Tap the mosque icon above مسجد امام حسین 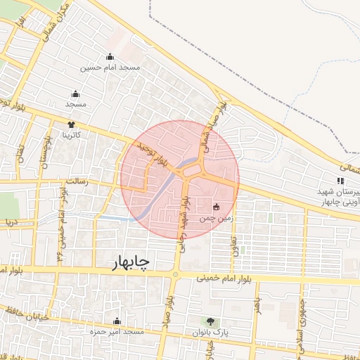point(110,58)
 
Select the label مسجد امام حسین point(110,68)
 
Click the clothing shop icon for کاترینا point(71,124)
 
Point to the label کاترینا point(72,134)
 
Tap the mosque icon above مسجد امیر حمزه point(117,321)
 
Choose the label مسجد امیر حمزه point(116,330)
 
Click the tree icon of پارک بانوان point(213,321)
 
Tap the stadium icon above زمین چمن point(216,207)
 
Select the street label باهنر point(259,307)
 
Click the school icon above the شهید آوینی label point(341,181)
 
